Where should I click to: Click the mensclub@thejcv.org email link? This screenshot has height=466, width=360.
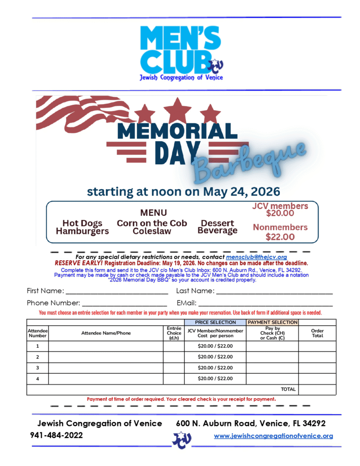click(256, 257)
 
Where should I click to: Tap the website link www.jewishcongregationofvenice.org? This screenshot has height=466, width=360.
click(273, 436)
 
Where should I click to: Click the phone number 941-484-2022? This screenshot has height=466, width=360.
click(56, 436)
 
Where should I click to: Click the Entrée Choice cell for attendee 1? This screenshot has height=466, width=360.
click(173, 346)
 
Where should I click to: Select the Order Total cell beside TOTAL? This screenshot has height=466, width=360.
click(317, 390)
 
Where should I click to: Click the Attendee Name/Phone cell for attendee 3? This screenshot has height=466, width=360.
click(106, 368)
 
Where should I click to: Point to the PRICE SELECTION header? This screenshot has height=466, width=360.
click(215, 322)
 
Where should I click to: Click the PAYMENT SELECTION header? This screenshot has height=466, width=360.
click(272, 322)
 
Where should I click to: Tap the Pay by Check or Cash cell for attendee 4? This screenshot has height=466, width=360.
click(272, 379)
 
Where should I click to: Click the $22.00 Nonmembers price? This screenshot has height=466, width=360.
click(280, 237)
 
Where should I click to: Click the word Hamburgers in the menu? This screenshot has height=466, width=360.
click(82, 231)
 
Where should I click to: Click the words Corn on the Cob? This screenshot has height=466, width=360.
click(152, 223)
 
